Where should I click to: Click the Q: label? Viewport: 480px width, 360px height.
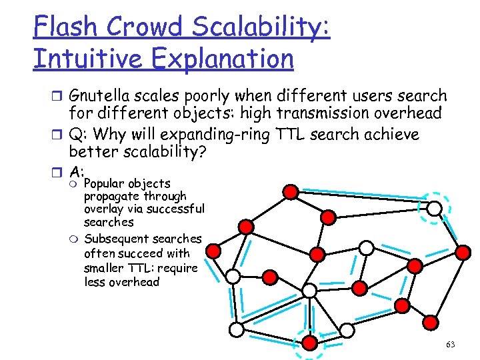(x=79, y=135)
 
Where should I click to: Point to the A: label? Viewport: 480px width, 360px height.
(x=77, y=171)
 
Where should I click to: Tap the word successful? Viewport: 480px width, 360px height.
(x=178, y=209)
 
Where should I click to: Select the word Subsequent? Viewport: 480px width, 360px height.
(x=117, y=239)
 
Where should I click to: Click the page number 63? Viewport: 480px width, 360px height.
(x=450, y=345)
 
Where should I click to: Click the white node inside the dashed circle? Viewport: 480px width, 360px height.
(x=434, y=209)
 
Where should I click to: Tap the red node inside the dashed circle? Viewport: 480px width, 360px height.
(x=310, y=343)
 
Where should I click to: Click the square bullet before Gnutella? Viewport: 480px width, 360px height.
(x=59, y=97)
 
